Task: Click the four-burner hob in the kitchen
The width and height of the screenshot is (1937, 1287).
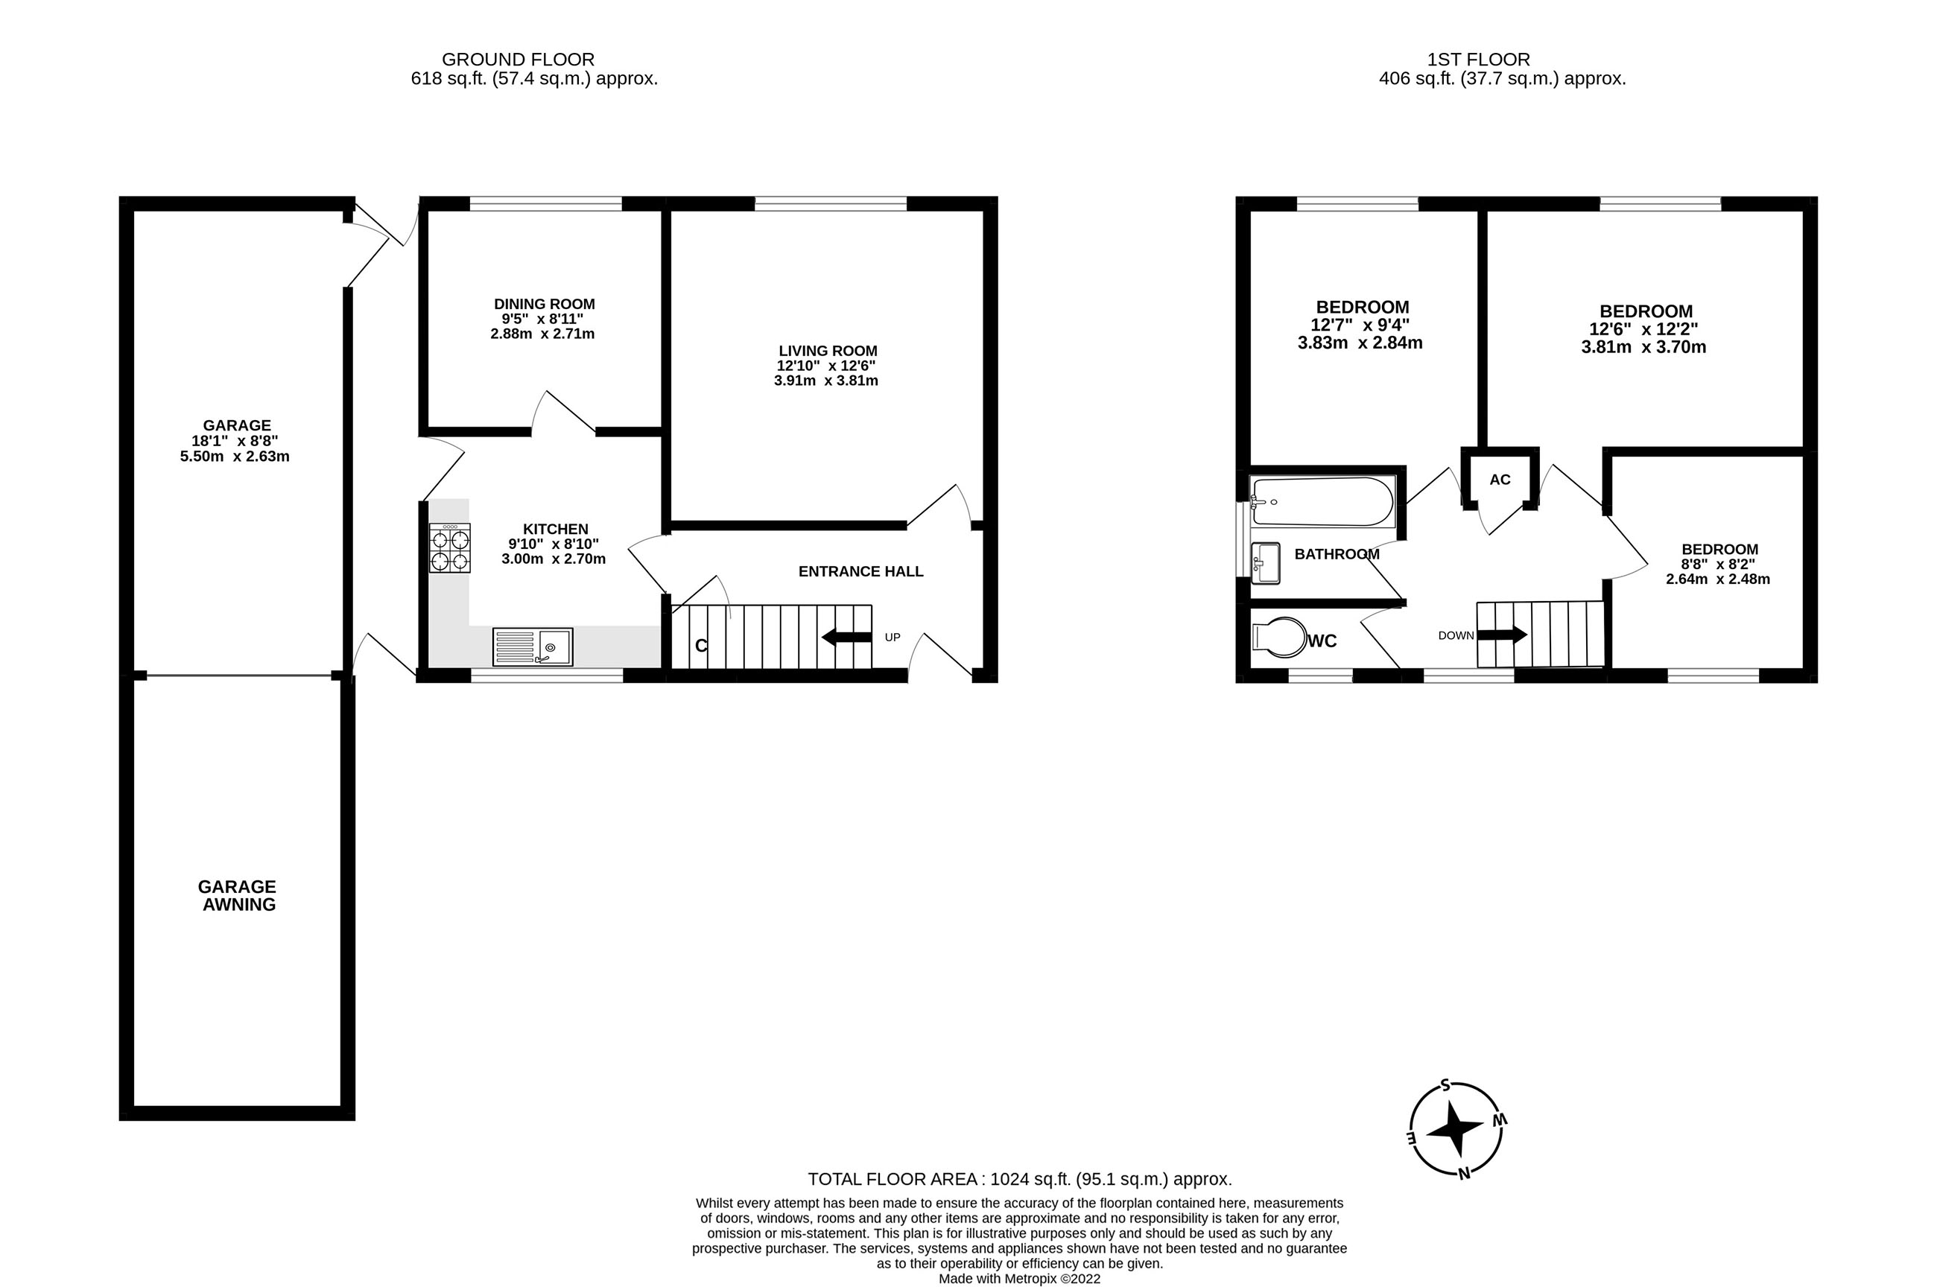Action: click(450, 548)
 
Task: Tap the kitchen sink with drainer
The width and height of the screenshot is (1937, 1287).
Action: click(533, 646)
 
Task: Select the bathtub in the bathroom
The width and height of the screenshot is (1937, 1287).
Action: click(1322, 501)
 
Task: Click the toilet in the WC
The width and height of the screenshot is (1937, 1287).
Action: click(1278, 638)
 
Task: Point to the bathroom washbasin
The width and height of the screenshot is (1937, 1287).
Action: click(1266, 563)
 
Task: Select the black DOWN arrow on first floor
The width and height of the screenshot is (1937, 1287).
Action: click(1502, 635)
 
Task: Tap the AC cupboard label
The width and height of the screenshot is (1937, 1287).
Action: click(1500, 480)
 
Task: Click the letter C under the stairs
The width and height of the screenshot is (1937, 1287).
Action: click(701, 646)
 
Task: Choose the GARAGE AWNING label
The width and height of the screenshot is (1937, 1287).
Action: click(237, 895)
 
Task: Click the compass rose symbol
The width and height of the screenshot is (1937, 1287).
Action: click(1456, 1129)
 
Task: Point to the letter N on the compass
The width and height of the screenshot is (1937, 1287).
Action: click(1463, 1174)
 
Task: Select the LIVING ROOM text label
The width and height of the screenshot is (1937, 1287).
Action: click(828, 351)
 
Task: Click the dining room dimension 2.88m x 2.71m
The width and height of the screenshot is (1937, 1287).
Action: click(542, 334)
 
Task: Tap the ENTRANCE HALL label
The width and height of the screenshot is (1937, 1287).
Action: click(860, 571)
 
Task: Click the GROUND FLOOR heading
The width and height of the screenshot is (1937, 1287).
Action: click(518, 59)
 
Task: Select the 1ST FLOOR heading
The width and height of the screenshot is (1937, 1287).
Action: click(1478, 59)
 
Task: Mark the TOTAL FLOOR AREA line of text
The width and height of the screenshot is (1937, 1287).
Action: click(1019, 1180)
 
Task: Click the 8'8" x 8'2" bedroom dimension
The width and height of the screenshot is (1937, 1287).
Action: click(1719, 565)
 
